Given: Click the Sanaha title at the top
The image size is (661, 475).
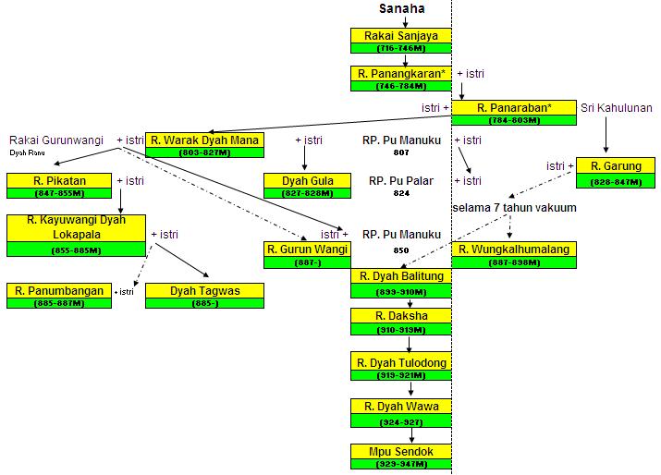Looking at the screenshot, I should pos(401,9).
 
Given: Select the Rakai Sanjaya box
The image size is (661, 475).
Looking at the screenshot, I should pos(401,41).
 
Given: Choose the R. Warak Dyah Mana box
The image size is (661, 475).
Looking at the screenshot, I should pos(205,146).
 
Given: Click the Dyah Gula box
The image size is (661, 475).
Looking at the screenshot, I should pos(309,187).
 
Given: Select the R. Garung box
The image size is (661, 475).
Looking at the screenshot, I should pos(609,173).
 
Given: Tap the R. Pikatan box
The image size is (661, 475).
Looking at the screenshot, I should pos(58,186).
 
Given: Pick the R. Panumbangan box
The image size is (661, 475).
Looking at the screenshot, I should pos(58,296).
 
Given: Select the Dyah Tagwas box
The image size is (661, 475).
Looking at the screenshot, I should pos(205,296).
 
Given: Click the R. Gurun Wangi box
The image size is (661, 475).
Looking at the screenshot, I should pos(307,254).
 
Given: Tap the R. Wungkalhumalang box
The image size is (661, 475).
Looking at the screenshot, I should pos(514,254).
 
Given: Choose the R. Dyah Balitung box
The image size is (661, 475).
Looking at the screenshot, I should pos(401,281).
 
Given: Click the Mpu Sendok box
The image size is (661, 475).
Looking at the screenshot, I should pos(401,457).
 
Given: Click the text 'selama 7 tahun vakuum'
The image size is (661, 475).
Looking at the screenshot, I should pos(514,208).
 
